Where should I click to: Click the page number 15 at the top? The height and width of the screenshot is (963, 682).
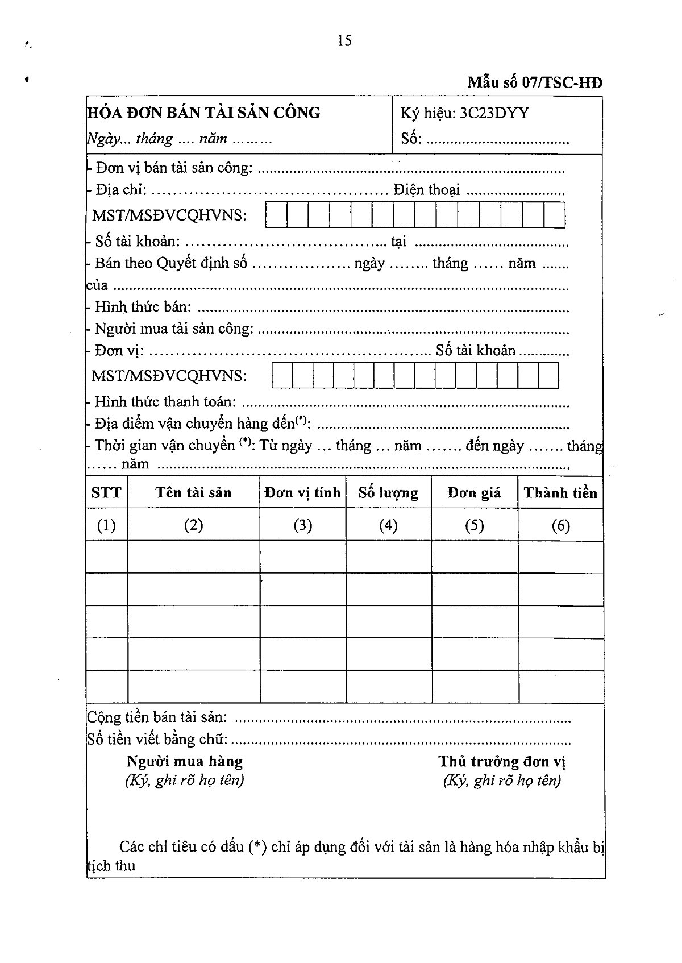click(344, 40)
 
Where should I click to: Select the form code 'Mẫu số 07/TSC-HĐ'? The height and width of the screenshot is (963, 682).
click(534, 83)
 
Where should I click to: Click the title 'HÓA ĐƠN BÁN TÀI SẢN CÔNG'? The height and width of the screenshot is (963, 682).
click(204, 113)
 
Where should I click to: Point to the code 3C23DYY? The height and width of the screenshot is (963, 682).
click(494, 113)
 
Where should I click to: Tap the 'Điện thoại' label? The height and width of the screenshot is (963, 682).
click(426, 190)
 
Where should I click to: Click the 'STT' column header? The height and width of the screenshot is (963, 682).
click(106, 492)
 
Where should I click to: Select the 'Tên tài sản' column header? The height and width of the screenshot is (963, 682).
click(194, 492)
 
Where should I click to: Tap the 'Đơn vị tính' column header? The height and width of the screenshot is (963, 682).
click(302, 492)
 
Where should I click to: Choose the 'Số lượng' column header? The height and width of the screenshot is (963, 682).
click(388, 492)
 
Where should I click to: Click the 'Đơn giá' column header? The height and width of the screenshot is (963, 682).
click(474, 492)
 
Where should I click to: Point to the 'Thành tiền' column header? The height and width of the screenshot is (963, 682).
click(560, 492)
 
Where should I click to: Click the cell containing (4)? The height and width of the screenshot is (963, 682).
click(388, 525)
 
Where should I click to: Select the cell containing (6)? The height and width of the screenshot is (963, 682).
click(560, 525)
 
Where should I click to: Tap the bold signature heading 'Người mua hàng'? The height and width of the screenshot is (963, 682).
click(185, 761)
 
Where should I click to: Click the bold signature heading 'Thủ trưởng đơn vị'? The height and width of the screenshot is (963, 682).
click(502, 761)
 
